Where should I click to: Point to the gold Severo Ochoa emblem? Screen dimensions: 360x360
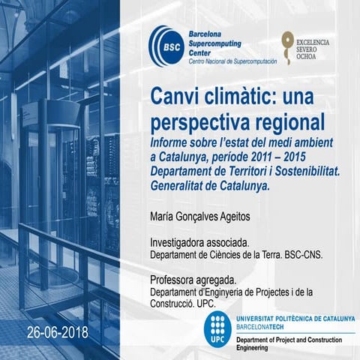(x=286, y=46)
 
